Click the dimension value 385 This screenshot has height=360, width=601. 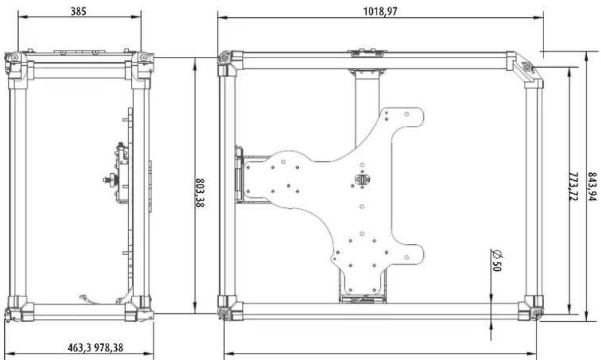pyautogui.click(x=78, y=11)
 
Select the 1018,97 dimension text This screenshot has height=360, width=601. pyautogui.click(x=380, y=11)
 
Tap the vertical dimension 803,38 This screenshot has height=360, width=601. pyautogui.click(x=200, y=192)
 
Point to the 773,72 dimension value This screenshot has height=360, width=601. pyautogui.click(x=573, y=187)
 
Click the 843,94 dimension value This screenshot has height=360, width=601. pyautogui.click(x=592, y=187)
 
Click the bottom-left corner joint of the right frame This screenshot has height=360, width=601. pyautogui.click(x=230, y=308)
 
